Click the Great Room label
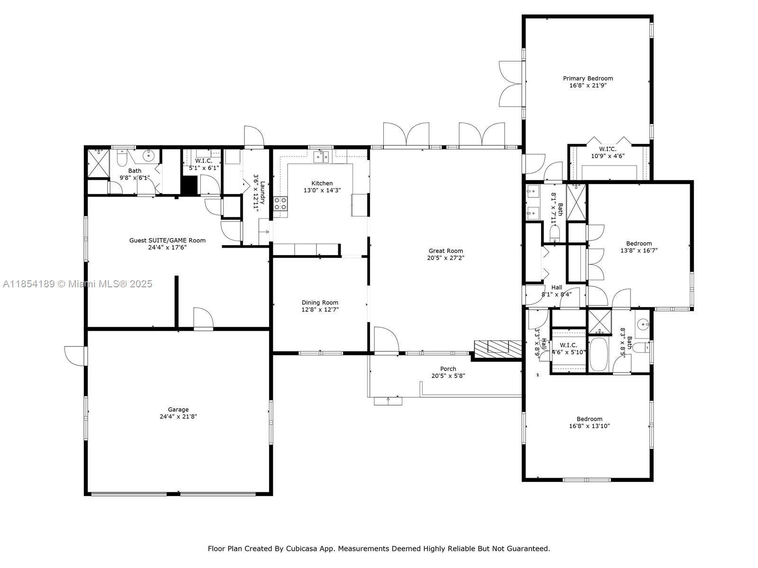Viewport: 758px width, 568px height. [445, 251]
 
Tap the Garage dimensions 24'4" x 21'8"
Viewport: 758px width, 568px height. [178, 417]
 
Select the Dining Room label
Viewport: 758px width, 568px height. [320, 303]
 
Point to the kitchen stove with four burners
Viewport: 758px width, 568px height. [280, 204]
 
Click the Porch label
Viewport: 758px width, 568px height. [448, 369]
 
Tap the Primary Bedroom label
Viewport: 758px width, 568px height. [587, 79]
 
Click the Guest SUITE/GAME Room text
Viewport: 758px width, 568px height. [167, 240]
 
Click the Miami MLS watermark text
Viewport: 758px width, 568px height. [78, 284]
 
